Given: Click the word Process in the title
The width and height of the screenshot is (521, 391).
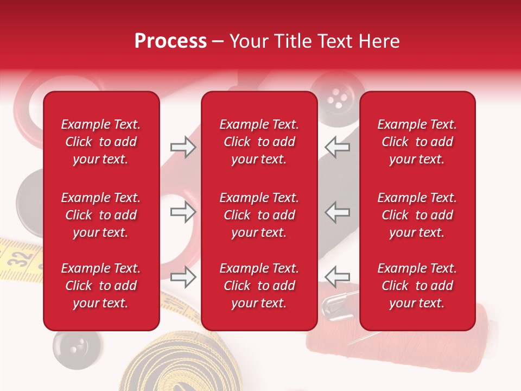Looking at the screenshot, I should tap(170, 41).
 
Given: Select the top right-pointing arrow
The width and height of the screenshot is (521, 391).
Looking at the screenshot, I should tap(183, 147).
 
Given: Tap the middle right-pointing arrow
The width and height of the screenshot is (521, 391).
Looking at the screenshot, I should tap(183, 212).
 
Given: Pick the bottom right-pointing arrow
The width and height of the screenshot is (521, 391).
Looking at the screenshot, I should tap(183, 277).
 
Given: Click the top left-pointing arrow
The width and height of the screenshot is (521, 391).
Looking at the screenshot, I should tap(337, 147).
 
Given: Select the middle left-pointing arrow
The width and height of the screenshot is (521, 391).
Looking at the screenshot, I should tap(337, 212).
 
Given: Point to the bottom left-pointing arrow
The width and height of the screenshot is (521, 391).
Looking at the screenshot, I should tap(337, 277).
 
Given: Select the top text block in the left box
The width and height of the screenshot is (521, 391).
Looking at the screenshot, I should tap(101, 142).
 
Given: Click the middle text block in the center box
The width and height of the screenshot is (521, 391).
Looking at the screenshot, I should tap(259, 215).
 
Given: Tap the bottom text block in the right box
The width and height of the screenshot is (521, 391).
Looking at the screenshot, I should tap(417, 286).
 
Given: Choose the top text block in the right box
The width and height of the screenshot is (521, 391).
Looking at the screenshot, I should tap(417, 142).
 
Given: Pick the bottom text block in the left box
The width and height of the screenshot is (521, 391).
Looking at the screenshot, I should tap(101, 286).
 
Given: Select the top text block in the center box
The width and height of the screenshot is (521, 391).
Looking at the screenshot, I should tap(259, 142).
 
